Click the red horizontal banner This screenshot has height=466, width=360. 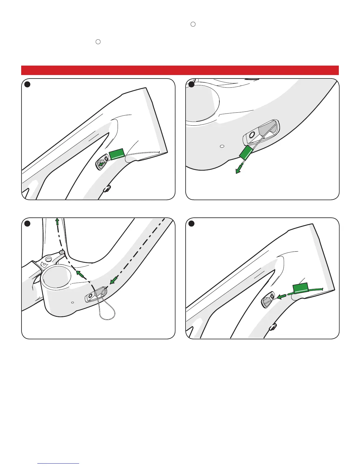tap(180, 70)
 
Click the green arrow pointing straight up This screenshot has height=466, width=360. tap(57, 222)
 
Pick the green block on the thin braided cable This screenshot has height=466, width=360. tap(117, 154)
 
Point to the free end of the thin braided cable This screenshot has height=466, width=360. tap(159, 152)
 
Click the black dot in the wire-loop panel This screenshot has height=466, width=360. tap(27, 224)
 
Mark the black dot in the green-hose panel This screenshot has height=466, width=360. tap(191, 224)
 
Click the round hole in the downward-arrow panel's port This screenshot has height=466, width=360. tap(251, 135)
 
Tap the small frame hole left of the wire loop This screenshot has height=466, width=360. tap(72, 302)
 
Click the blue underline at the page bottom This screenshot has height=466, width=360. tap(59, 464)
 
